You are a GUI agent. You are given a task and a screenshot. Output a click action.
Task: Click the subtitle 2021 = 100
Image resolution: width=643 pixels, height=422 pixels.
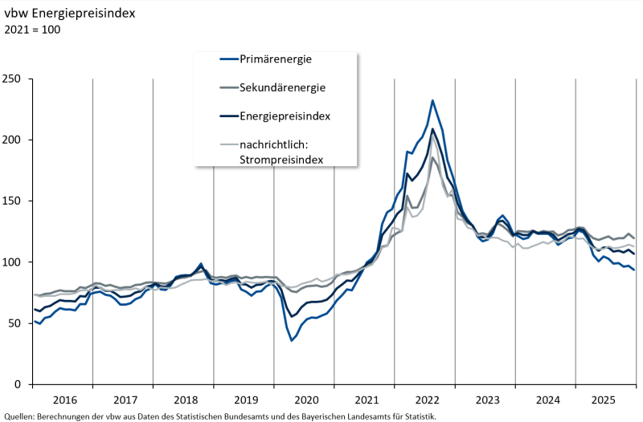coord(33,30)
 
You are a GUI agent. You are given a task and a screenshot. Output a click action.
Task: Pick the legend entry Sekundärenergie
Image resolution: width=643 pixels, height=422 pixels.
coord(282,87)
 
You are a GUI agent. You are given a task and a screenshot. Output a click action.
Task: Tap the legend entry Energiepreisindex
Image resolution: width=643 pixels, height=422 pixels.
coord(285,116)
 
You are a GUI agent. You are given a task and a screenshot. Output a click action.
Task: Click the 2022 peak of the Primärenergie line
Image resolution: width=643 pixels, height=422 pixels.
coord(432,100)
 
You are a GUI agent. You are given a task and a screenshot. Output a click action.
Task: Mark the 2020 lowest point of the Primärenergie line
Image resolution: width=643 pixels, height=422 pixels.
coord(292,340)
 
